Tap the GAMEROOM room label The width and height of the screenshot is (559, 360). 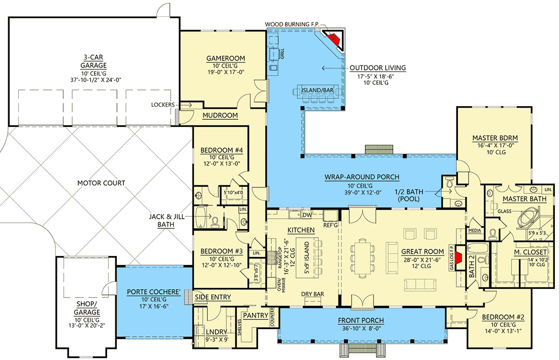tap(225, 58)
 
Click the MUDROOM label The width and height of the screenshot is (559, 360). tap(220, 115)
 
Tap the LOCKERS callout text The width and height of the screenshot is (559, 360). tap(163, 105)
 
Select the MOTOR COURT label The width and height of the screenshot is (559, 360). tap(101, 183)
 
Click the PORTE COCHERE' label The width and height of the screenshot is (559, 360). tap(154, 291)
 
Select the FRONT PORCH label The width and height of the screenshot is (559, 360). tap(361, 320)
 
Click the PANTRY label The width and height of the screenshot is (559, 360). tap(255, 315)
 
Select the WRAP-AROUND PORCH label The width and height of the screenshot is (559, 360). tap(362, 177)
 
